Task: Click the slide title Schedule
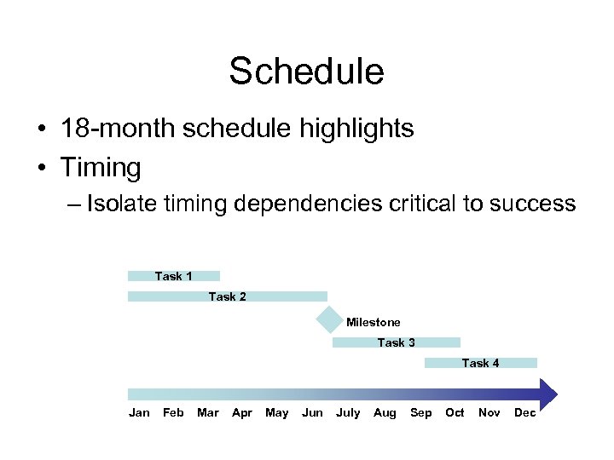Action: point(306,72)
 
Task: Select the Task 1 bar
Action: point(174,276)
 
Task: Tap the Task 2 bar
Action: point(227,296)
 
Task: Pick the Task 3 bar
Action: point(396,342)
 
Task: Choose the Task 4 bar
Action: point(481,363)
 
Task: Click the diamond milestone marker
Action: point(328,320)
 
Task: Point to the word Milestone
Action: point(373,322)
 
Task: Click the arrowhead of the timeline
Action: point(547,394)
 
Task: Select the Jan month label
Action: point(139,413)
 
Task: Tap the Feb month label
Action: point(173,413)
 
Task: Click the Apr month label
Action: point(242,413)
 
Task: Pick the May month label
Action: point(277,413)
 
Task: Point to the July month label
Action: point(348,413)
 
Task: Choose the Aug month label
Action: point(385,413)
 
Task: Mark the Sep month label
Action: point(420,413)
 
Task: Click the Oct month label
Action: point(455,413)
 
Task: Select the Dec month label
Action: point(525,413)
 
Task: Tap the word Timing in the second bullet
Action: point(101,167)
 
